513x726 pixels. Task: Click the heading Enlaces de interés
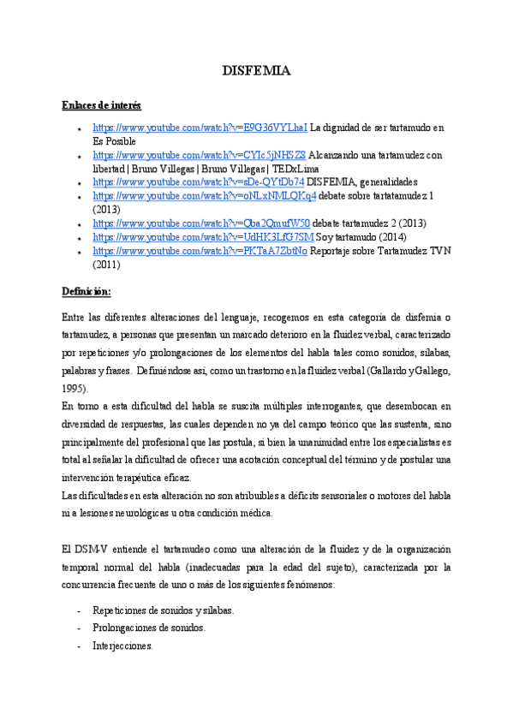101,104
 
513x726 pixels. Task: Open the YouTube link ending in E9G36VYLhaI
200,128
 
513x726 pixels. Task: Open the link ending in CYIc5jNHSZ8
199,155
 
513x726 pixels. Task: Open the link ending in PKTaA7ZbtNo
200,251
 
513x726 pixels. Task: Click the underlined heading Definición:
86,291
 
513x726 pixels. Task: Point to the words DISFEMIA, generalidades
362,182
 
